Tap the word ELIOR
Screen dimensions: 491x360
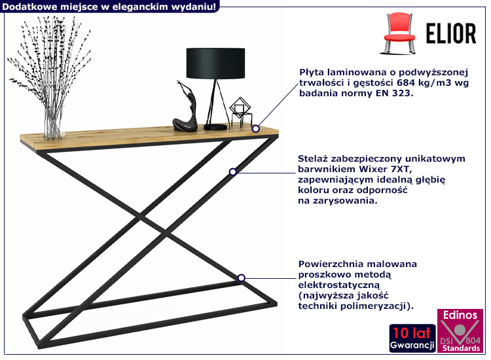(x=451, y=33)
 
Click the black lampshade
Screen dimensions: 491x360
(x=215, y=63)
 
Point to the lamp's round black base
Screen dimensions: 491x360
(x=215, y=127)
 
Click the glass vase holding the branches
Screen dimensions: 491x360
(x=53, y=122)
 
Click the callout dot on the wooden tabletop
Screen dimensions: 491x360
(x=256, y=129)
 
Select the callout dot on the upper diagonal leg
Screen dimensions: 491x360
(x=232, y=172)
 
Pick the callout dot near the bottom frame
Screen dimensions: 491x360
(x=241, y=278)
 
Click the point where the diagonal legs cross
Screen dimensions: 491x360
(x=154, y=224)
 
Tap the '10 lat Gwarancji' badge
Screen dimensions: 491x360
(x=412, y=338)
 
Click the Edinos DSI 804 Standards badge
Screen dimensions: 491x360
(x=460, y=331)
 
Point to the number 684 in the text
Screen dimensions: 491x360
(x=406, y=82)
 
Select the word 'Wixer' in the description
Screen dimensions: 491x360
(x=373, y=169)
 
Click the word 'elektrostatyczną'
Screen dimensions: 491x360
(x=339, y=285)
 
